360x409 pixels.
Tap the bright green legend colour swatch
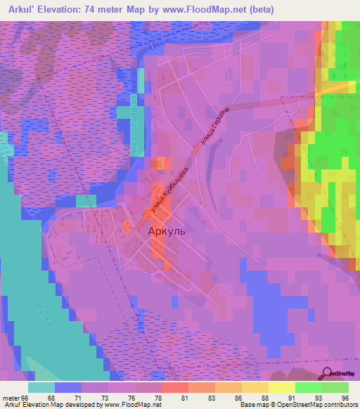309,387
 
